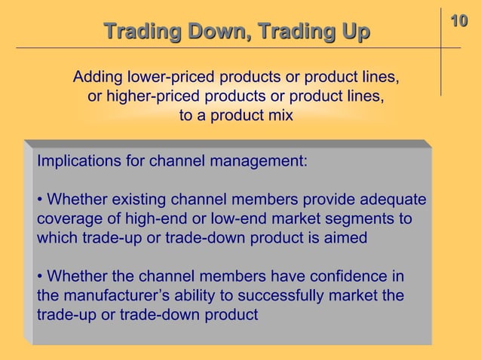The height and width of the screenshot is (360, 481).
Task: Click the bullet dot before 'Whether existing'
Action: (39, 200)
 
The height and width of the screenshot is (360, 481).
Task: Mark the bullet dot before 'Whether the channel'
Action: (39, 276)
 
